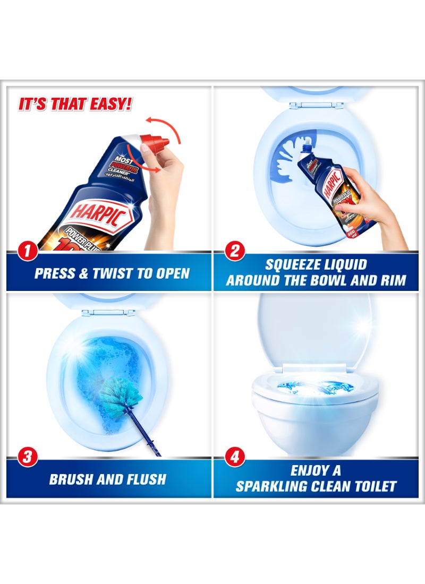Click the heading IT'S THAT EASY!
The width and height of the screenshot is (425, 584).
[x=75, y=104]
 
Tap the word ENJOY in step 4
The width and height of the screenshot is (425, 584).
[x=309, y=470]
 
